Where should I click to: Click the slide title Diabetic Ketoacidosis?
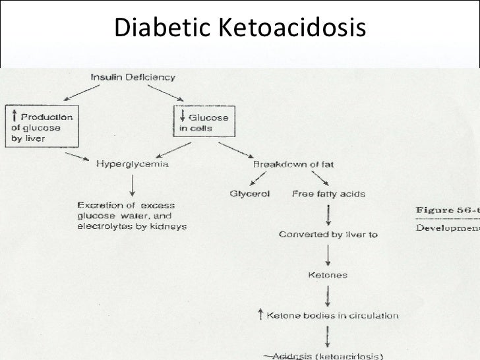(239, 27)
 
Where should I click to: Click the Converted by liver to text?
(328, 235)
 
